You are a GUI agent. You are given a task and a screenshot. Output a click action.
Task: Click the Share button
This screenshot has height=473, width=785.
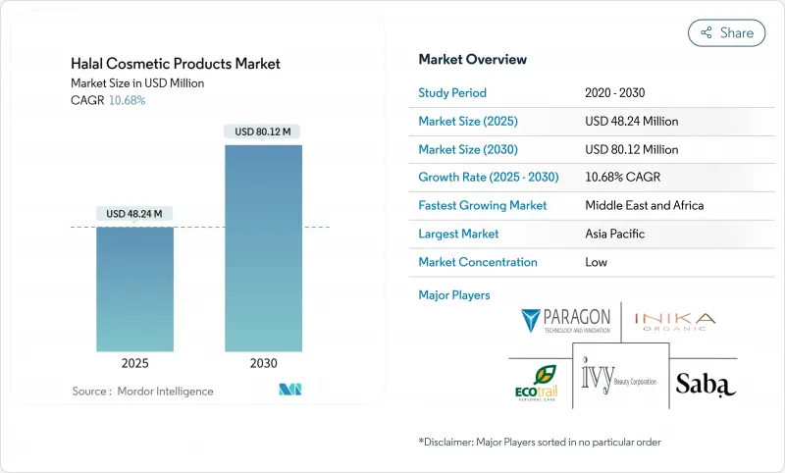click(726, 32)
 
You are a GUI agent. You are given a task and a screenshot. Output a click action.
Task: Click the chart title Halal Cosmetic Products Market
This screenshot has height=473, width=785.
click(176, 64)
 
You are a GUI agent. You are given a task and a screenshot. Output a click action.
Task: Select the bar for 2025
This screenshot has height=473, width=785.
click(134, 289)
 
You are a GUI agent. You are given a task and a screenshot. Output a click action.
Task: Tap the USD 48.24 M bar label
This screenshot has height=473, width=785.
click(134, 214)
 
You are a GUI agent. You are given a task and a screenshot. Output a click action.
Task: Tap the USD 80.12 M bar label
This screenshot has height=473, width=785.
click(263, 131)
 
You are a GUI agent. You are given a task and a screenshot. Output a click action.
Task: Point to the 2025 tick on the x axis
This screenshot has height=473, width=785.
click(134, 362)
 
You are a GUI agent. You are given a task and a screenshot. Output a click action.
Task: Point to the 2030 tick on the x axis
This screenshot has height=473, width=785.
click(263, 362)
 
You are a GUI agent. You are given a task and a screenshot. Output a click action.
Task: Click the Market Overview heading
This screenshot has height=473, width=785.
click(472, 59)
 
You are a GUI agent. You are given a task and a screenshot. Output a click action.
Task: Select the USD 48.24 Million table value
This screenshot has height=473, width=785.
click(631, 122)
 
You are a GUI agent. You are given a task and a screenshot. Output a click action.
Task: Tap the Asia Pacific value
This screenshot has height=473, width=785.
click(617, 235)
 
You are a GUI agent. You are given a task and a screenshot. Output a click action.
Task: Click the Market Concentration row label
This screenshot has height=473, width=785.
click(477, 262)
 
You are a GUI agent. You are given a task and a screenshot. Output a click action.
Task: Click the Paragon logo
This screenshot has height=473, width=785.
click(567, 321)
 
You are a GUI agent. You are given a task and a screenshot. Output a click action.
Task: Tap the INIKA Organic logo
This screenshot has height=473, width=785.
click(674, 322)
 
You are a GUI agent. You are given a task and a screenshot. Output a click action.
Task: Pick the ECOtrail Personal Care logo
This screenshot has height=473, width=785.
click(537, 383)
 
